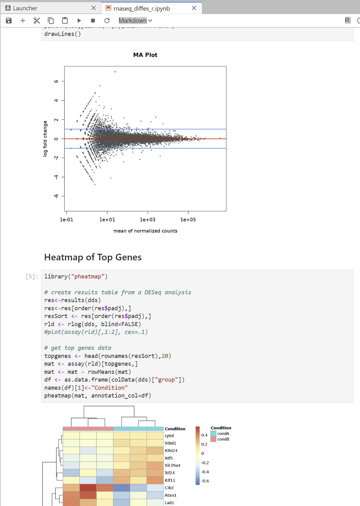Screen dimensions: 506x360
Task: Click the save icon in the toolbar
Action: (9, 21)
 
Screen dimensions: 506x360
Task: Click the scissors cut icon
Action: (37, 21)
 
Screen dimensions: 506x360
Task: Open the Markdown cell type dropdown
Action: (135, 21)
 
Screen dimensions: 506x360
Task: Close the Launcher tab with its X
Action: (94, 8)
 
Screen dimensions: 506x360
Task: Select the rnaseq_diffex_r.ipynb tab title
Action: (142, 8)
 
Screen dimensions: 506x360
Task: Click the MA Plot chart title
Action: (145, 55)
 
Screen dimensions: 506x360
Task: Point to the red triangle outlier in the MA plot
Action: (115, 72)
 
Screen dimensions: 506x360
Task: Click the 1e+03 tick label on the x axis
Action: (148, 219)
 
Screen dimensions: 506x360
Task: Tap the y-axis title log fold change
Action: (45, 138)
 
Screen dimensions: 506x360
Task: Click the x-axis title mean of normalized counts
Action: (145, 231)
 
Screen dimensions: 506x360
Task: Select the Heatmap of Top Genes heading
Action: (93, 257)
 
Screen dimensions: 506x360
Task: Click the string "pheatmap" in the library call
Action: (88, 277)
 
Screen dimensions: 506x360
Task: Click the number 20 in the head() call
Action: (165, 356)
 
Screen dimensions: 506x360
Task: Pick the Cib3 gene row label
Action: (169, 488)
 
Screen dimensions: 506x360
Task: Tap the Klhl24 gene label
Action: (171, 451)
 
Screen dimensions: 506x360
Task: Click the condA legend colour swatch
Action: (213, 433)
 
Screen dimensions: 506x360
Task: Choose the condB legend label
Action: (223, 439)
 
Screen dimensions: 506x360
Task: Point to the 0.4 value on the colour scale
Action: (204, 435)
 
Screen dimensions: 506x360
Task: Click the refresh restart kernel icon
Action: (107, 21)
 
